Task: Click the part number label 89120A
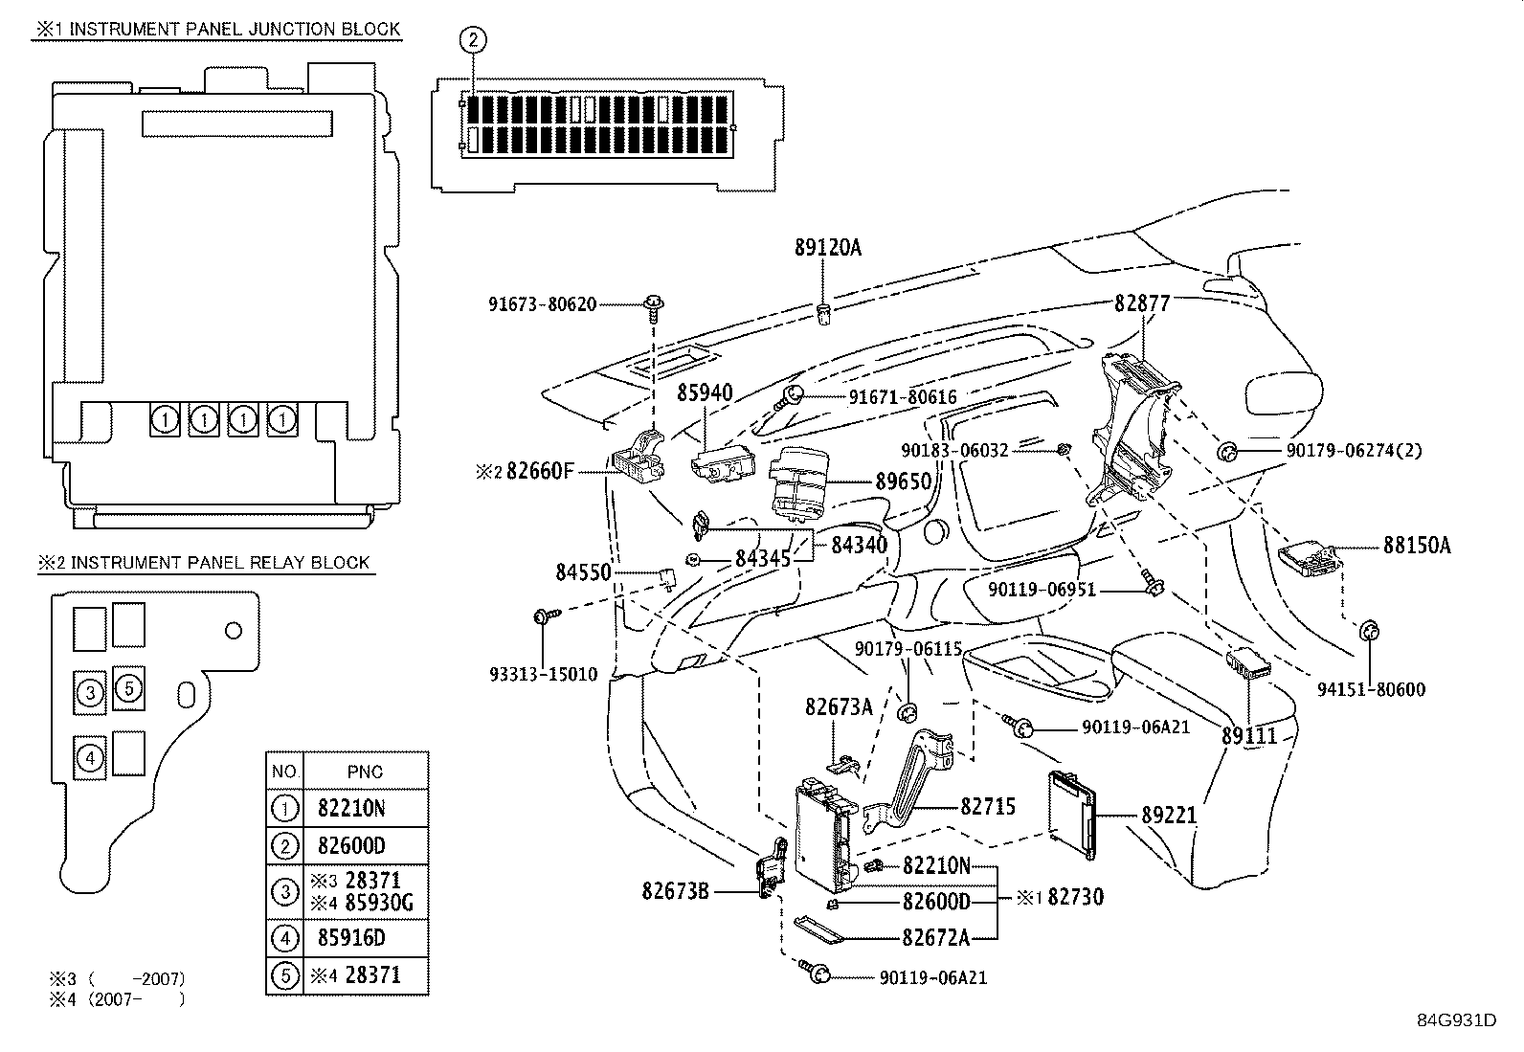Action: click(827, 247)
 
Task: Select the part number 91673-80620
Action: click(542, 304)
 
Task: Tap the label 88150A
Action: click(1417, 545)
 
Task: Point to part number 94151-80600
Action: click(1371, 689)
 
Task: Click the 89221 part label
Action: click(1168, 815)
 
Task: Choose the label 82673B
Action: click(676, 891)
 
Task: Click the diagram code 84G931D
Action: click(1457, 1020)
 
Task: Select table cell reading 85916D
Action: click(351, 938)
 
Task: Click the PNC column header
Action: click(366, 772)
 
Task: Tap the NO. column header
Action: click(284, 771)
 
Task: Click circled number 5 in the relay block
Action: click(128, 688)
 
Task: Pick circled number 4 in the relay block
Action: click(90, 757)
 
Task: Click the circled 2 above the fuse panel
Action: click(473, 39)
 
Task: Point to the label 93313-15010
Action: click(544, 674)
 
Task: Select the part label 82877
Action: click(1142, 302)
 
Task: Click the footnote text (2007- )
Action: click(137, 999)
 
